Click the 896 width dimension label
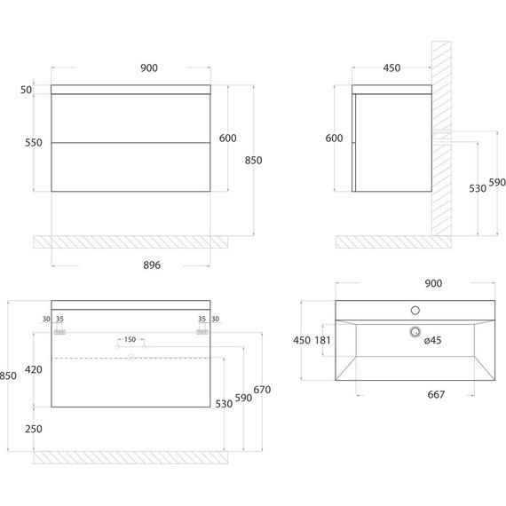pyautogui.click(x=152, y=265)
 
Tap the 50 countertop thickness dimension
pyautogui.click(x=26, y=90)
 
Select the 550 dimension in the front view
pyautogui.click(x=34, y=143)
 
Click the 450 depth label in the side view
pyautogui.click(x=391, y=68)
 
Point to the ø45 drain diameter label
pyautogui.click(x=432, y=340)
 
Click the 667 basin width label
pyautogui.click(x=436, y=394)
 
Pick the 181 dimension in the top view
pyautogui.click(x=323, y=340)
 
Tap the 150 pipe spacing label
pyautogui.click(x=130, y=339)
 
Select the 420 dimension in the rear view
pyautogui.click(x=34, y=369)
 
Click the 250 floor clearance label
pyautogui.click(x=34, y=429)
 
